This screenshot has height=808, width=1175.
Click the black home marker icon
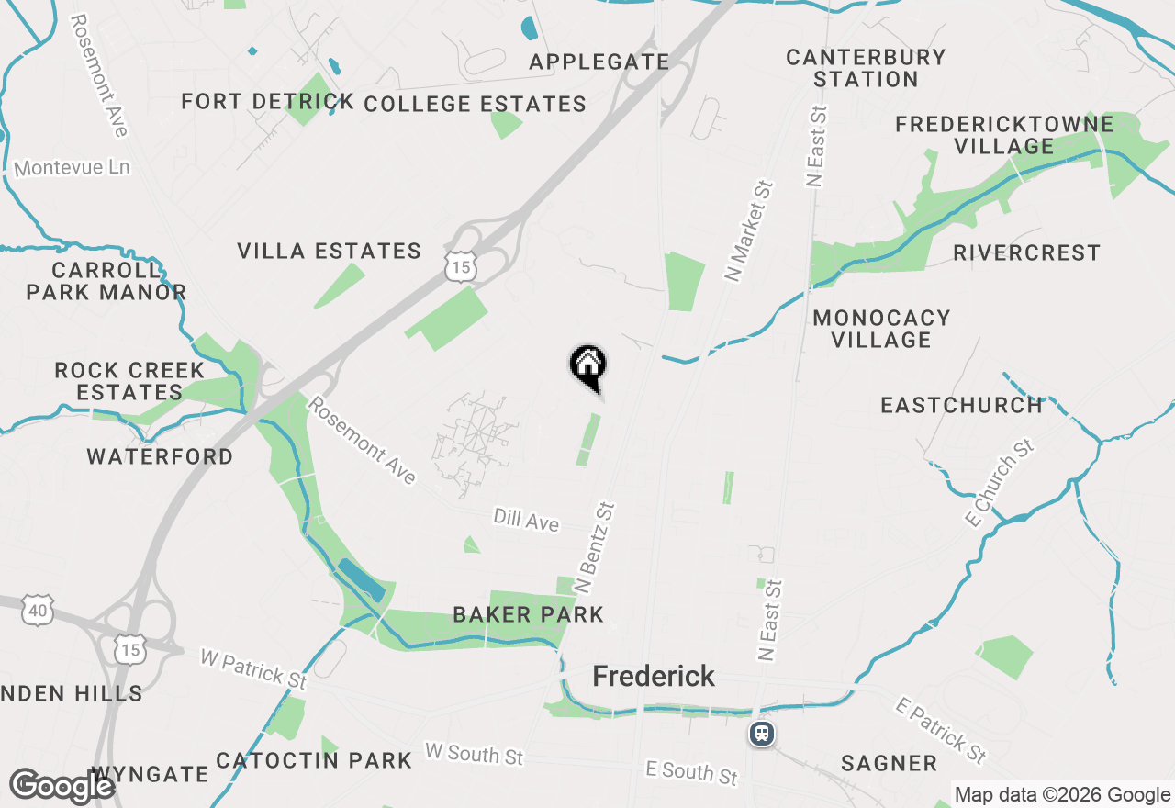[587, 365]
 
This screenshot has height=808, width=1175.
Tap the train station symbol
[761, 734]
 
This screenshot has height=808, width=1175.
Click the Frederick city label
[654, 677]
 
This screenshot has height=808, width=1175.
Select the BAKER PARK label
[528, 614]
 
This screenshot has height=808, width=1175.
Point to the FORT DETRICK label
[267, 101]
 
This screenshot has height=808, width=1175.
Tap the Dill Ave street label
[526, 521]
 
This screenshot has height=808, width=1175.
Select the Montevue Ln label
[72, 168]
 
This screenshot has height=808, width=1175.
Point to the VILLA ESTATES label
[329, 251]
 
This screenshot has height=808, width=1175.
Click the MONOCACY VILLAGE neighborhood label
[881, 329]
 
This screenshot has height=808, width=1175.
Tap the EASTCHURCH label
[961, 405]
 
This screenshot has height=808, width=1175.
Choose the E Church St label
[1000, 483]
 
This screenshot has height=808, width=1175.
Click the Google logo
[62, 787]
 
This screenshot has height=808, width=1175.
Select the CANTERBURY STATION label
[866, 68]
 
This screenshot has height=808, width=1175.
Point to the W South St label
[474, 755]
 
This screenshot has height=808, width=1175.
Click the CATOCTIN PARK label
[314, 760]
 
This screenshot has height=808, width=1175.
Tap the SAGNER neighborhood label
[889, 763]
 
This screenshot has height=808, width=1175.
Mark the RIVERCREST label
[1026, 252]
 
